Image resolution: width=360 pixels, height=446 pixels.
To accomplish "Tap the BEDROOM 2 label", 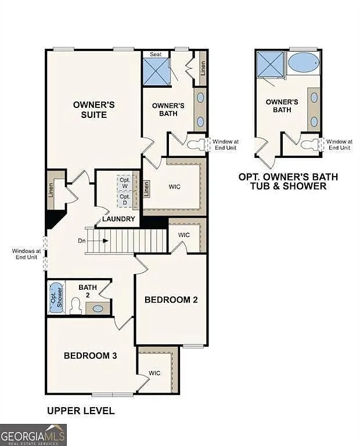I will (171, 300).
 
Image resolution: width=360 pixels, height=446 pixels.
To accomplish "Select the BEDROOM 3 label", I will (91, 355).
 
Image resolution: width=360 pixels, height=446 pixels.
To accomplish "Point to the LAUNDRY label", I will (118, 219).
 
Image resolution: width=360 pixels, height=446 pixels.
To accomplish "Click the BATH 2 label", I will (88, 292).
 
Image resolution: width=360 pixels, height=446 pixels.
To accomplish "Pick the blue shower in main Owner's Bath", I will (156, 71).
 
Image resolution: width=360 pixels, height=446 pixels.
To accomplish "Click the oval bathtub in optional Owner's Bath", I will (303, 62).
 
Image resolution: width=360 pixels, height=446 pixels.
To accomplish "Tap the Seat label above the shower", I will (156, 54).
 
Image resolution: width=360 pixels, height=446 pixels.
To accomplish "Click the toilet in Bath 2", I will (75, 306).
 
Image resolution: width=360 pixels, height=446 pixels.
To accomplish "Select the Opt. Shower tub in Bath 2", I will (56, 297).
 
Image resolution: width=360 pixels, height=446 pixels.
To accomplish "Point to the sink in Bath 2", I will (98, 308).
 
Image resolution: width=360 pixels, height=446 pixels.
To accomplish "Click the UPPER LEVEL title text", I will (81, 411).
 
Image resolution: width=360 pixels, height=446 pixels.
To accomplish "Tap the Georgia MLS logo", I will (33, 434).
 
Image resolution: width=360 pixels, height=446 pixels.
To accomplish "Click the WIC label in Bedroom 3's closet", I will (154, 373).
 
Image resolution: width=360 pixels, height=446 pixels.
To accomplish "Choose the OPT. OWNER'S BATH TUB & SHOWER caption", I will (288, 181).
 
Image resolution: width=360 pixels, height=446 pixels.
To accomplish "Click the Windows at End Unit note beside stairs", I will (27, 254).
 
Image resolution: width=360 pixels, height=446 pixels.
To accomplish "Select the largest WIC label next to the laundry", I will (175, 187).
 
